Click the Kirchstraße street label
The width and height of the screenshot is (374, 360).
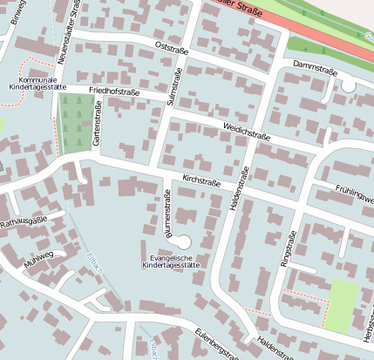tap(201, 180)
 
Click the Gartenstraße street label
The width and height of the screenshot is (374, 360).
tap(97, 123)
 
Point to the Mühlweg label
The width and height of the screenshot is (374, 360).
tap(40, 257)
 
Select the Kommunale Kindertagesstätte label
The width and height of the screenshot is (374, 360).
tap(37, 84)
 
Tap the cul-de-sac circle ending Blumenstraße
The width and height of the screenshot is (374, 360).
tap(182, 240)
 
